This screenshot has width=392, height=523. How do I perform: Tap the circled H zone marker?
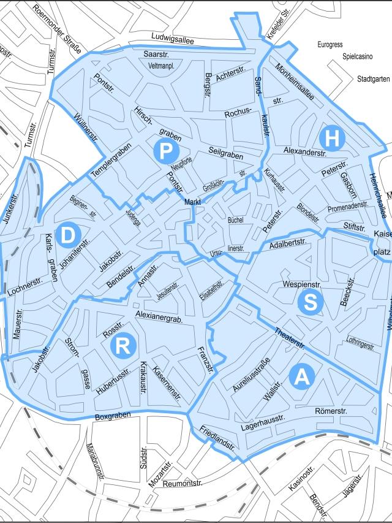tap(331, 139)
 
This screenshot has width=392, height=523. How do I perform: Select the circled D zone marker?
tap(67, 234)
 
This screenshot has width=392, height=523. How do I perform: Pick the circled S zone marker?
tap(310, 302)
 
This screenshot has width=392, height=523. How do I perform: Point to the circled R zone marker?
tap(123, 346)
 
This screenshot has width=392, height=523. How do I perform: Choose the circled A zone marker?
tap(301, 376)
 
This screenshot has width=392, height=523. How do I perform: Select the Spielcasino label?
tap(357, 62)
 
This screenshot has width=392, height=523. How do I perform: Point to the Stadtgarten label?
tap(373, 79)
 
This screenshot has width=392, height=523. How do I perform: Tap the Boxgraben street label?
tap(114, 418)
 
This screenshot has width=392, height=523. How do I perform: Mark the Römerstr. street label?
tap(331, 410)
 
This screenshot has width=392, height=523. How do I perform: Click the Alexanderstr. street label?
tap(304, 150)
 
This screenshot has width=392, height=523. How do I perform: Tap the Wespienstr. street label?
tap(303, 284)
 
